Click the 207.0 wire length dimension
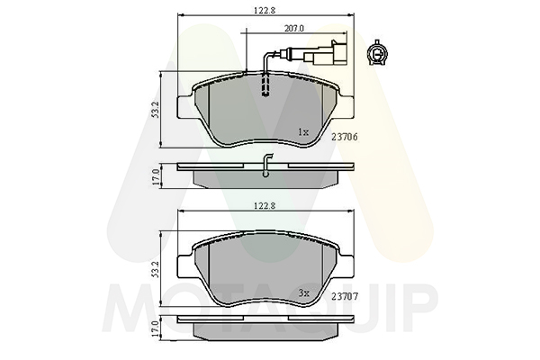click(293, 29)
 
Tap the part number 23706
click(345, 137)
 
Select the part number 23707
click(345, 296)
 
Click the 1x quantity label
click(303, 132)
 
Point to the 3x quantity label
click(304, 293)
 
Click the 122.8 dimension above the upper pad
click(265, 10)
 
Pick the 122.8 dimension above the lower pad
click(265, 206)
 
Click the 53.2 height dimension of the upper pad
click(155, 110)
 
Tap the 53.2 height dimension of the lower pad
click(155, 270)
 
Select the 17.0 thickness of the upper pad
click(155, 176)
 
